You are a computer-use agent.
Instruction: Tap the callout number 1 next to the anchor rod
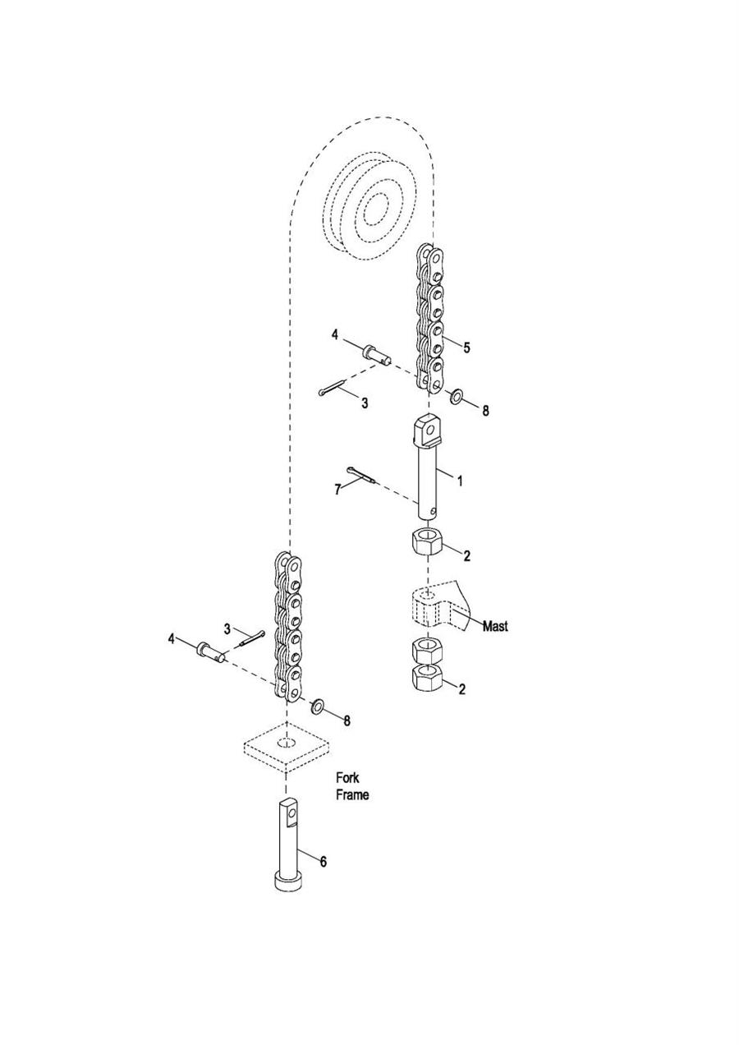tap(460, 481)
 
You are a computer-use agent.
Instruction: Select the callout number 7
tap(337, 490)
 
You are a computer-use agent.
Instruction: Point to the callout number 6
tap(323, 862)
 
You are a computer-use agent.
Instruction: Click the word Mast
tap(495, 626)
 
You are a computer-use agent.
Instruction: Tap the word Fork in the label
tap(347, 778)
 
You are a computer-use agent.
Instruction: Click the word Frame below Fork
tap(352, 795)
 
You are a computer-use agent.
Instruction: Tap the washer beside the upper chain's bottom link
tap(456, 397)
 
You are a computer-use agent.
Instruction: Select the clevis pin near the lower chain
tap(212, 651)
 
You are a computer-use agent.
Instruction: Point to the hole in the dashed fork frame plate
tap(287, 742)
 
